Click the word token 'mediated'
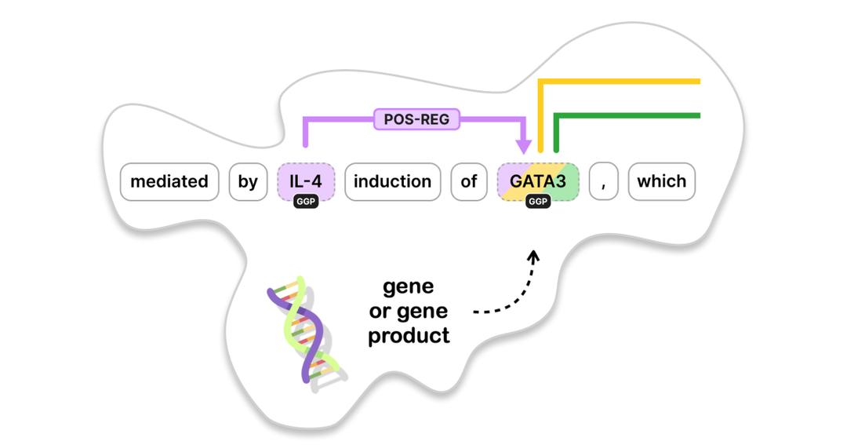pyautogui.click(x=169, y=181)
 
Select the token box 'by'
pyautogui.click(x=248, y=181)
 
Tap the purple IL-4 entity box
pyautogui.click(x=305, y=181)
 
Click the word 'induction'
pyautogui.click(x=392, y=181)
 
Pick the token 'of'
pyautogui.click(x=469, y=181)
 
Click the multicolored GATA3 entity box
pyautogui.click(x=538, y=181)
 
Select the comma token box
pyautogui.click(x=603, y=181)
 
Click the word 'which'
pyautogui.click(x=661, y=181)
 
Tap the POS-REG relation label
pyautogui.click(x=416, y=119)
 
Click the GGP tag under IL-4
pyautogui.click(x=305, y=202)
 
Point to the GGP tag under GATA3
pyautogui.click(x=538, y=202)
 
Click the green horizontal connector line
pyautogui.click(x=627, y=116)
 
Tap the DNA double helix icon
pyautogui.click(x=307, y=334)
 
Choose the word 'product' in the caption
pyautogui.click(x=409, y=336)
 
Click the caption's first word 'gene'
pyautogui.click(x=408, y=286)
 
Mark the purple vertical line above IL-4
pyautogui.click(x=305, y=133)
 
